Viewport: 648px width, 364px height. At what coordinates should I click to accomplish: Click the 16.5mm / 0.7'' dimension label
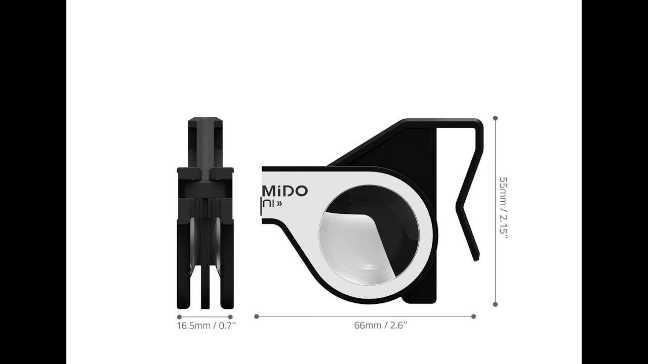pyautogui.click(x=206, y=325)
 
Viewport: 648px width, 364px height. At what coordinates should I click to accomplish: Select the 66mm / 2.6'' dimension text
pyautogui.click(x=381, y=325)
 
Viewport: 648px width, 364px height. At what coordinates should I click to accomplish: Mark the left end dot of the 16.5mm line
pyautogui.click(x=179, y=317)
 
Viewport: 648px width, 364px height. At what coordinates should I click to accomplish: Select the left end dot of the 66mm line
pyautogui.click(x=257, y=316)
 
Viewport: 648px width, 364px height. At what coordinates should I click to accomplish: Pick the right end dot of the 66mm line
pyautogui.click(x=473, y=316)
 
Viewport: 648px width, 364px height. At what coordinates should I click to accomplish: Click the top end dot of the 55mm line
pyautogui.click(x=495, y=118)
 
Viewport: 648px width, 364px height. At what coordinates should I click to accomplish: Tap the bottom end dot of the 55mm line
pyautogui.click(x=495, y=304)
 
